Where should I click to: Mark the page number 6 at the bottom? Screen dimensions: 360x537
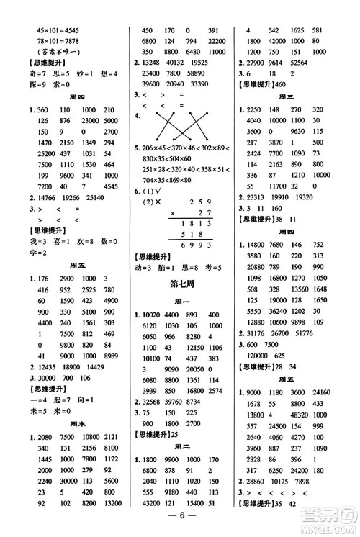(x=180, y=524)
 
